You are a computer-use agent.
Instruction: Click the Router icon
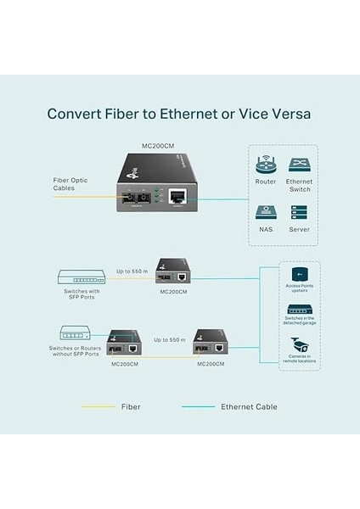[266, 165]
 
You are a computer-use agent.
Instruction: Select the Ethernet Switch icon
[299, 165]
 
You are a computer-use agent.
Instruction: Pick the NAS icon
[266, 213]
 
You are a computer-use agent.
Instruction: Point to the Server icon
[299, 213]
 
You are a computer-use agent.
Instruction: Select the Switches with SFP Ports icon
[82, 277]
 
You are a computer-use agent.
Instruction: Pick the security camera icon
[298, 344]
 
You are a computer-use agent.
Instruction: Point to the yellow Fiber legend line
[98, 406]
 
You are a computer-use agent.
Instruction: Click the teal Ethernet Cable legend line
[198, 406]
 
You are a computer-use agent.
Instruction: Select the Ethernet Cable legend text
[249, 406]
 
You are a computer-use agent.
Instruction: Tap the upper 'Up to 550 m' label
[132, 271]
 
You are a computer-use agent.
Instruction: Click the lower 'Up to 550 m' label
[170, 339]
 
